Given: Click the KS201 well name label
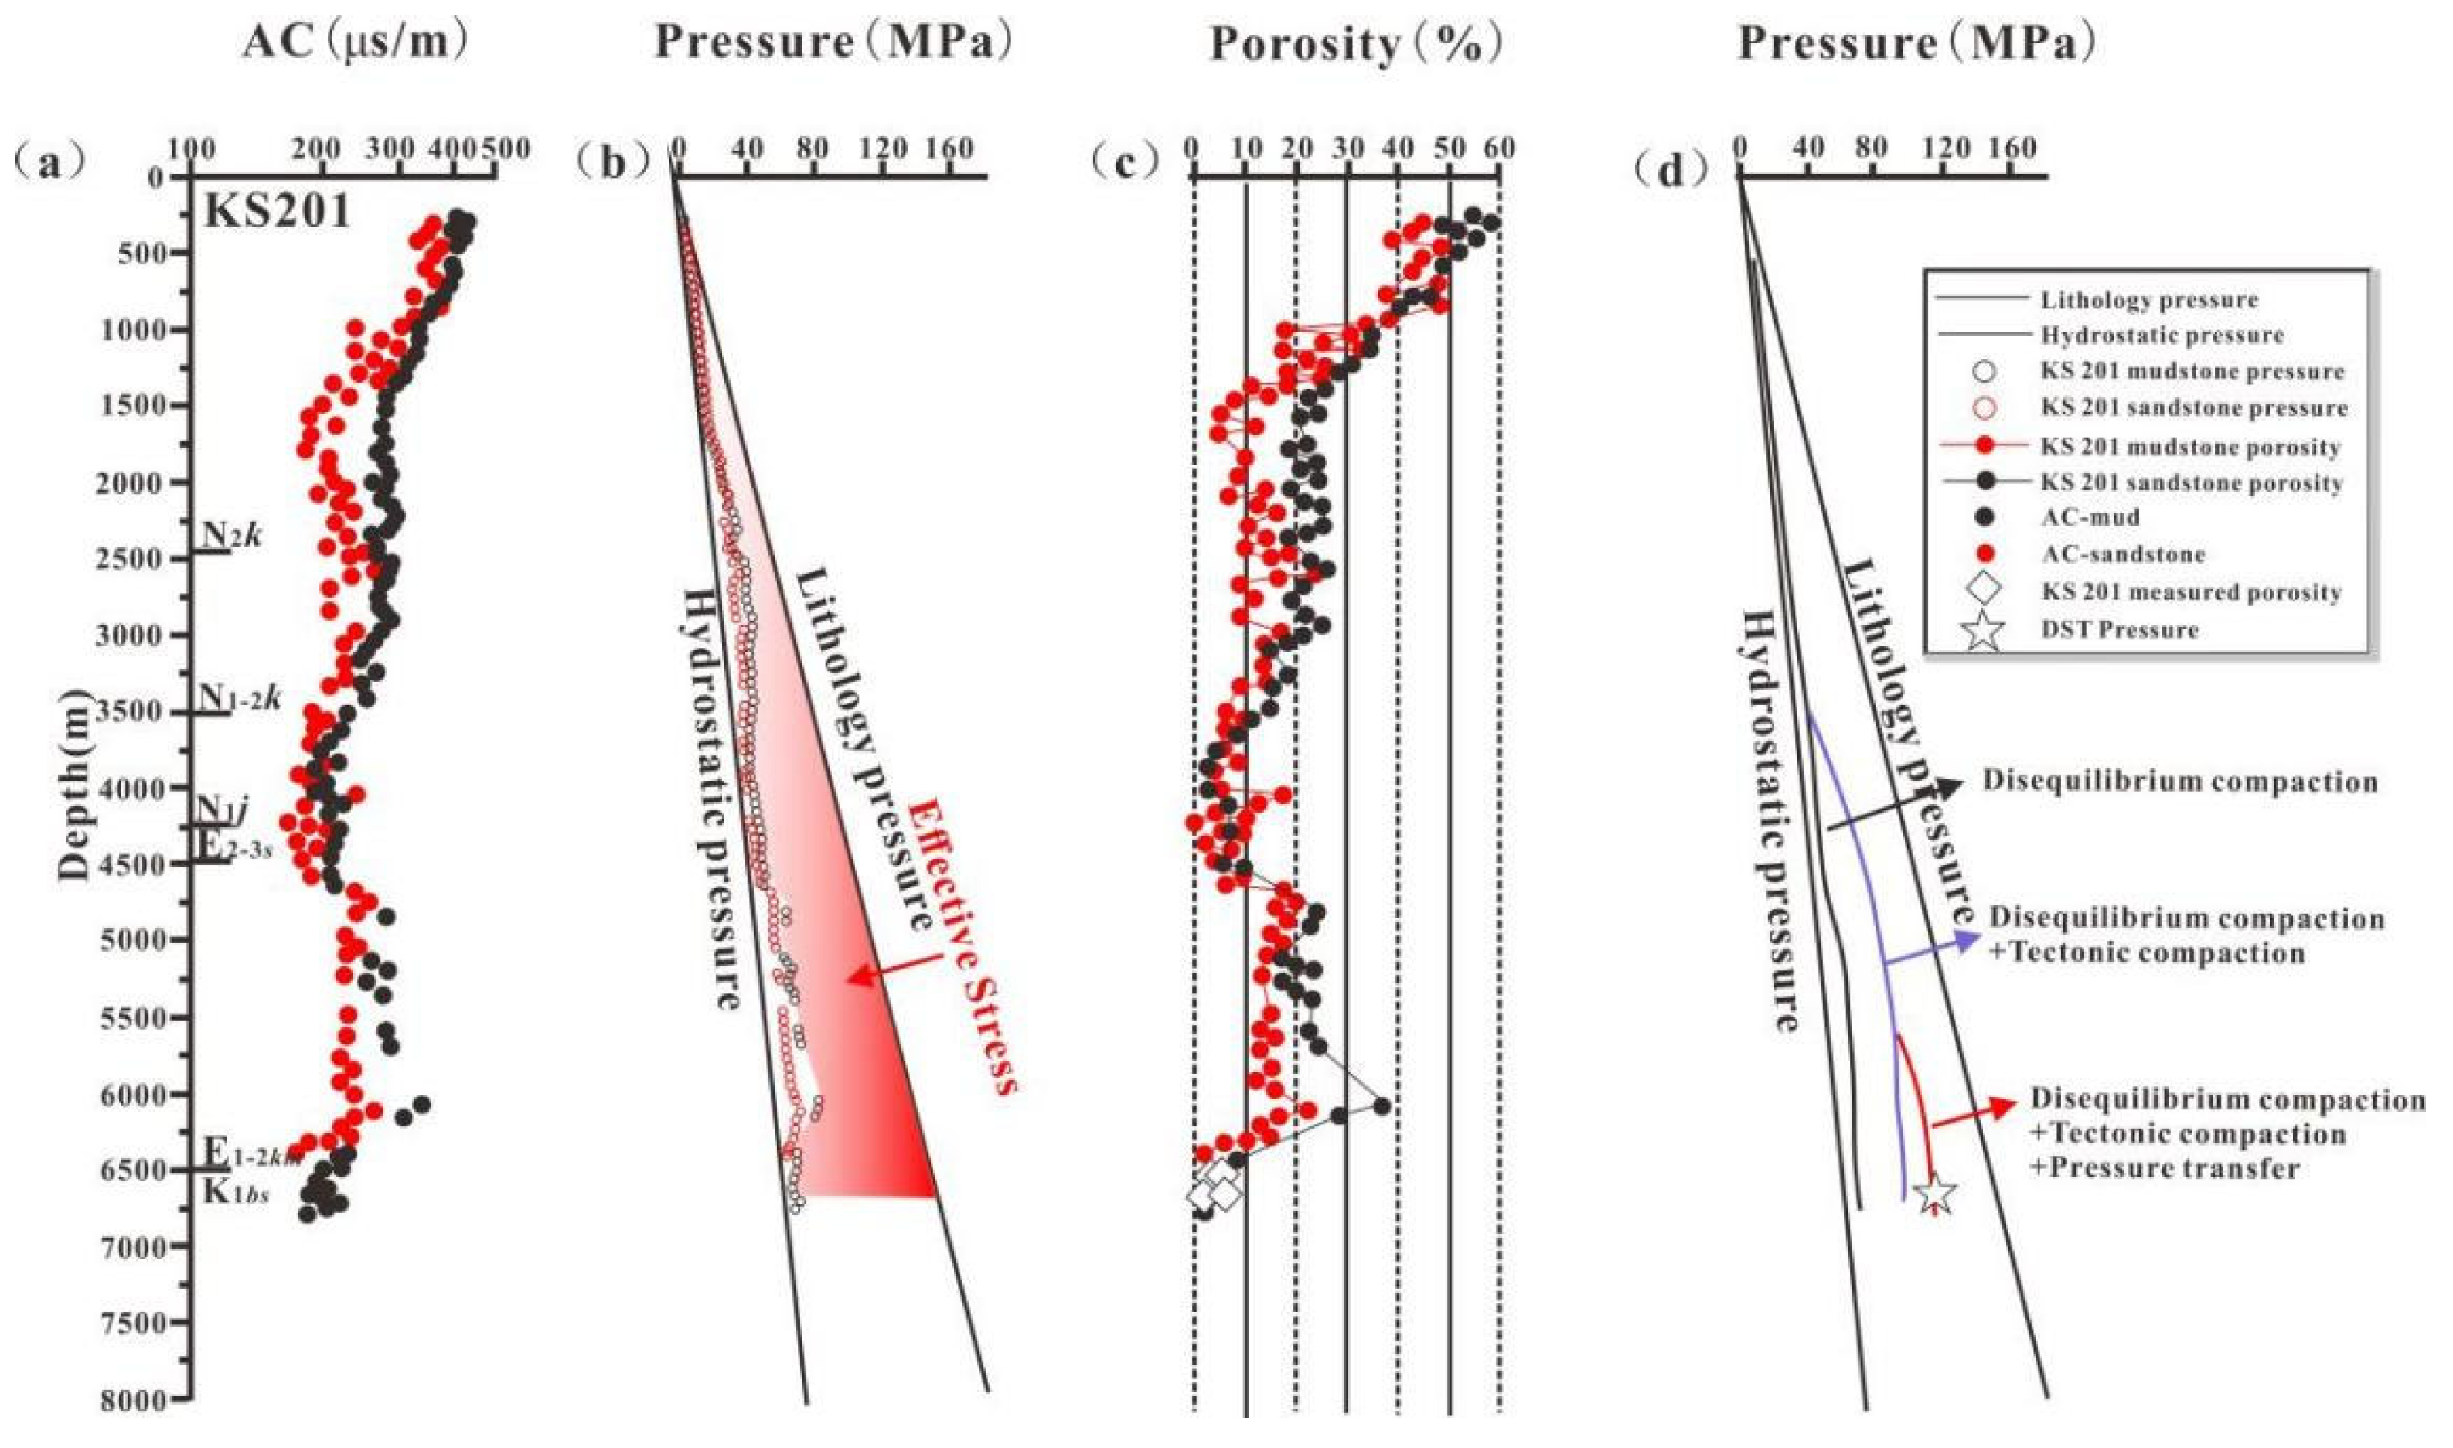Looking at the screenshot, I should [x=276, y=211].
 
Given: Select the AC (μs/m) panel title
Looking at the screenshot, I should [x=354, y=41].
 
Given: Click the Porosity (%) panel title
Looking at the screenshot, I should [x=1354, y=43].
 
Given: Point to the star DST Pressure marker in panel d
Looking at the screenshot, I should [x=1936, y=1194].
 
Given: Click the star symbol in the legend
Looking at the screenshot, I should [x=1983, y=630].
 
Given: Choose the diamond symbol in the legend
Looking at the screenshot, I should [x=1983, y=591].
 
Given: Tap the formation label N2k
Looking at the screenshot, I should [x=230, y=536].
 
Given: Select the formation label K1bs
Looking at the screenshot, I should [x=235, y=1191].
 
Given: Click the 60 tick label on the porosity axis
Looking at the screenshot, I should [x=1499, y=149].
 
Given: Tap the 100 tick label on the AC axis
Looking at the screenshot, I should [x=193, y=149].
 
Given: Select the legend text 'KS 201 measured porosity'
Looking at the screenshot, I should [x=2190, y=592].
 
